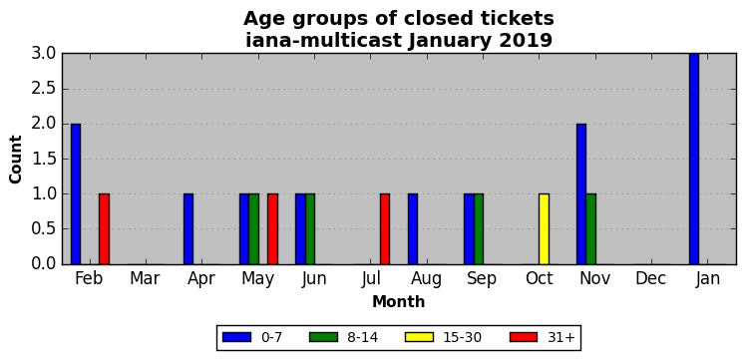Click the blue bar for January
(x=694, y=159)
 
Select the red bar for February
(x=104, y=229)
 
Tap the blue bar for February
(x=76, y=193)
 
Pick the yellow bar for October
(x=544, y=229)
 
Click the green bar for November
(x=590, y=229)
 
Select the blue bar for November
(x=581, y=193)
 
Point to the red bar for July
(x=385, y=229)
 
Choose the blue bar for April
(x=188, y=229)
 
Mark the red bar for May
(x=272, y=229)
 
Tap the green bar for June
(x=310, y=229)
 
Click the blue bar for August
(x=413, y=229)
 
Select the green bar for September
(x=479, y=229)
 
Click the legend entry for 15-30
(x=443, y=337)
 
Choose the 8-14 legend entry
(x=343, y=337)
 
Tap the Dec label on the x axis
(x=650, y=278)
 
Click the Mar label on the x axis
(x=145, y=278)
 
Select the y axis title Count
(x=16, y=160)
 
